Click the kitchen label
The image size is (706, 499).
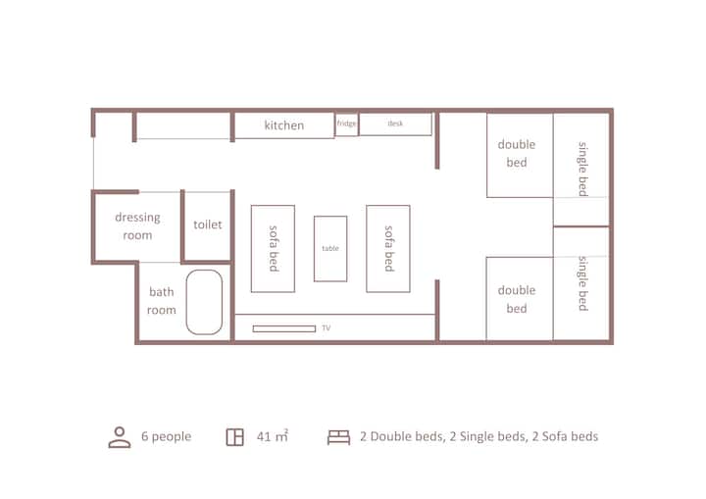[284, 125]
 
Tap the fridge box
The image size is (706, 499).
[347, 124]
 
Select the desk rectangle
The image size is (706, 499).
[395, 124]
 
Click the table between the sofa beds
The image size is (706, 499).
[330, 249]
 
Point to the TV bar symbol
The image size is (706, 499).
[284, 328]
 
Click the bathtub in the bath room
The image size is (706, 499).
[204, 302]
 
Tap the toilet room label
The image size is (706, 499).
[208, 225]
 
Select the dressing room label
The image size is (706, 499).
[137, 226]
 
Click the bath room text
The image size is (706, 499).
[162, 301]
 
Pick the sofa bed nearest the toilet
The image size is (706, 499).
[273, 249]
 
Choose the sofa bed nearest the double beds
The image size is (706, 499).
[388, 249]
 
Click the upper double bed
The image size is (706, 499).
[520, 155]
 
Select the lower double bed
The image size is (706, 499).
[520, 299]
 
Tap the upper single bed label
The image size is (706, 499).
[583, 169]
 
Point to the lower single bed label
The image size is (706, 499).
[583, 283]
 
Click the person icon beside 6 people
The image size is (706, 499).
[120, 437]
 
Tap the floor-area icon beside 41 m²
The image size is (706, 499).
[234, 437]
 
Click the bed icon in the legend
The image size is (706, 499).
[338, 437]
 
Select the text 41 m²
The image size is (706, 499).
[273, 436]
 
